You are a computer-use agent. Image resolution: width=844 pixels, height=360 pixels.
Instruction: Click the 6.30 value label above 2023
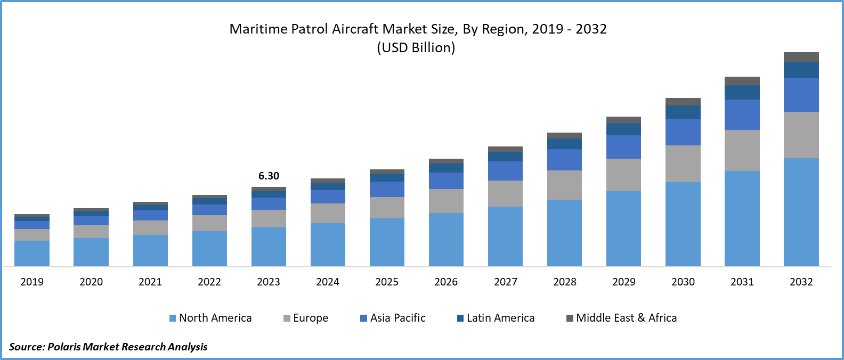pos(269,176)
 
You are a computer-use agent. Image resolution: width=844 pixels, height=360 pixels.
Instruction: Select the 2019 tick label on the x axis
pos(32,282)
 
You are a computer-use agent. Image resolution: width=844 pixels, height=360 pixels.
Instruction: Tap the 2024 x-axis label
pos(328,282)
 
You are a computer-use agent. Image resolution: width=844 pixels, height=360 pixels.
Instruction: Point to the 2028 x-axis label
pos(565,282)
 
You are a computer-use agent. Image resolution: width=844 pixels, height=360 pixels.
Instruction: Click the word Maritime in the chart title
pos(258,29)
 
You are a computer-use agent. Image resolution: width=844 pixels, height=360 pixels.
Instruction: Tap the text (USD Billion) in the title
pos(416,47)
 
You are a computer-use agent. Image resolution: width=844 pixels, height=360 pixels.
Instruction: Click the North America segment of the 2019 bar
pos(32,253)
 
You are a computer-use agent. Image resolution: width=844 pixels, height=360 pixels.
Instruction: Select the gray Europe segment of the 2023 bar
pos(269,218)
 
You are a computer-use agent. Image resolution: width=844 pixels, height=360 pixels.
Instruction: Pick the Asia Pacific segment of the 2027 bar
pos(505,171)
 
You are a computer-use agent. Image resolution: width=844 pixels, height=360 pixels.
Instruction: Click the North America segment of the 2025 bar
pos(387,242)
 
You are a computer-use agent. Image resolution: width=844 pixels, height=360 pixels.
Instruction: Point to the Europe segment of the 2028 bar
pos(564,185)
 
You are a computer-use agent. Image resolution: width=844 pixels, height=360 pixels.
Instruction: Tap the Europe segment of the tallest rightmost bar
pos(801,135)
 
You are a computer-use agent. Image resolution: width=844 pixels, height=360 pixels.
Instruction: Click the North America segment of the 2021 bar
pos(150,250)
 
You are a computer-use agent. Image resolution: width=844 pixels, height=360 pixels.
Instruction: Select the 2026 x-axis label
pos(446,282)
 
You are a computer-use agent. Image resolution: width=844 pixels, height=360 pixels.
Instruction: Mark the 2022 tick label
pos(209,282)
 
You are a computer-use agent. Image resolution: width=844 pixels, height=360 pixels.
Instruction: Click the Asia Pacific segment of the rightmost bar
pos(801,95)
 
